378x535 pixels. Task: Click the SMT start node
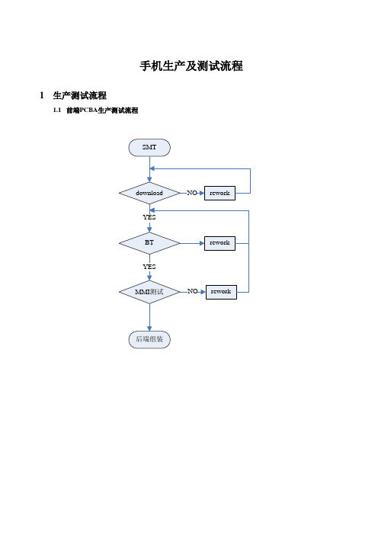click(x=149, y=147)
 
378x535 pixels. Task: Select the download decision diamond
click(x=149, y=193)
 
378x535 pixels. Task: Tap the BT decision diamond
click(x=149, y=243)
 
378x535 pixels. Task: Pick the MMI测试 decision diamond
click(x=149, y=292)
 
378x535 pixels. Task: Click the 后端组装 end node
click(x=149, y=339)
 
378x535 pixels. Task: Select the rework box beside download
click(x=219, y=193)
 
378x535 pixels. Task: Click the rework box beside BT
click(x=219, y=243)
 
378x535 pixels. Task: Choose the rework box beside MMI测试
click(x=221, y=292)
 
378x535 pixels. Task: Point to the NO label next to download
click(x=192, y=193)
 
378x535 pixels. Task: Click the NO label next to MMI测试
click(x=193, y=291)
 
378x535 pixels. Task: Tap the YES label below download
click(x=149, y=217)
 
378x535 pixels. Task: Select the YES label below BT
click(x=149, y=267)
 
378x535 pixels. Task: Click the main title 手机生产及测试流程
click(x=191, y=66)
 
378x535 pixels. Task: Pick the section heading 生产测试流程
click(x=80, y=95)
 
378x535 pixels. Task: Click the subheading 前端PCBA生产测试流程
click(x=102, y=111)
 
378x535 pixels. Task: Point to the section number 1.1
click(x=57, y=110)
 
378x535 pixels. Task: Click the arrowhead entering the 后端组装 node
click(x=149, y=328)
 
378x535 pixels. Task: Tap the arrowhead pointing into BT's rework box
click(x=202, y=243)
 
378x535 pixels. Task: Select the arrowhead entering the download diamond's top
click(x=149, y=179)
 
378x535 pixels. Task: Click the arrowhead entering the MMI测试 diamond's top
click(x=149, y=278)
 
